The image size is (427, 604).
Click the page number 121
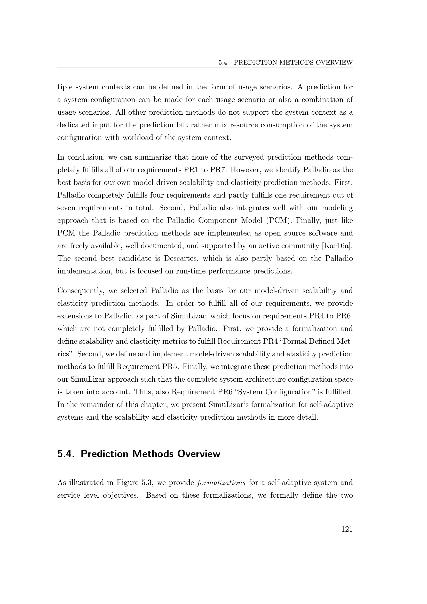(347, 529)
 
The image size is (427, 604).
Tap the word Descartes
(179, 258)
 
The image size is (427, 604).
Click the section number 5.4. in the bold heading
(66, 454)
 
